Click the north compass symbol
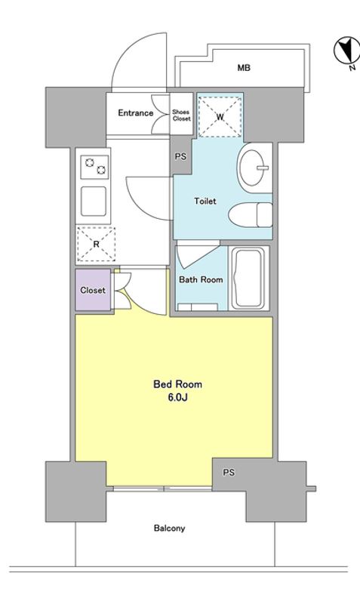tap(344, 51)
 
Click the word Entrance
tap(135, 113)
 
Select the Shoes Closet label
tap(181, 113)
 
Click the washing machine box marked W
tap(220, 116)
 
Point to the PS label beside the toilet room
tap(180, 157)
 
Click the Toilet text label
tap(205, 201)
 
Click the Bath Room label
tap(201, 279)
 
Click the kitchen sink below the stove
tap(93, 201)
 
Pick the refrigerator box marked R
tap(92, 244)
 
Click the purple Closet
tap(93, 290)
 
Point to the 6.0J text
tap(173, 397)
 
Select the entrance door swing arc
tap(136, 57)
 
